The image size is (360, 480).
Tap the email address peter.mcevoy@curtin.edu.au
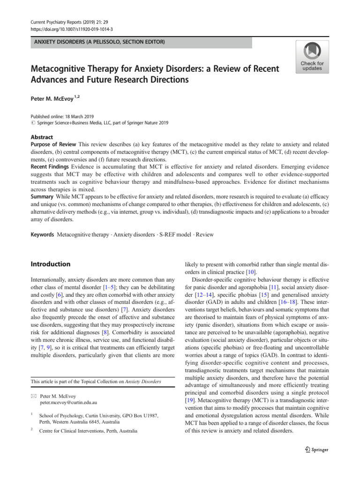pos(68,403)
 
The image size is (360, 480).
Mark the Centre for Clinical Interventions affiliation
pos(88,431)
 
